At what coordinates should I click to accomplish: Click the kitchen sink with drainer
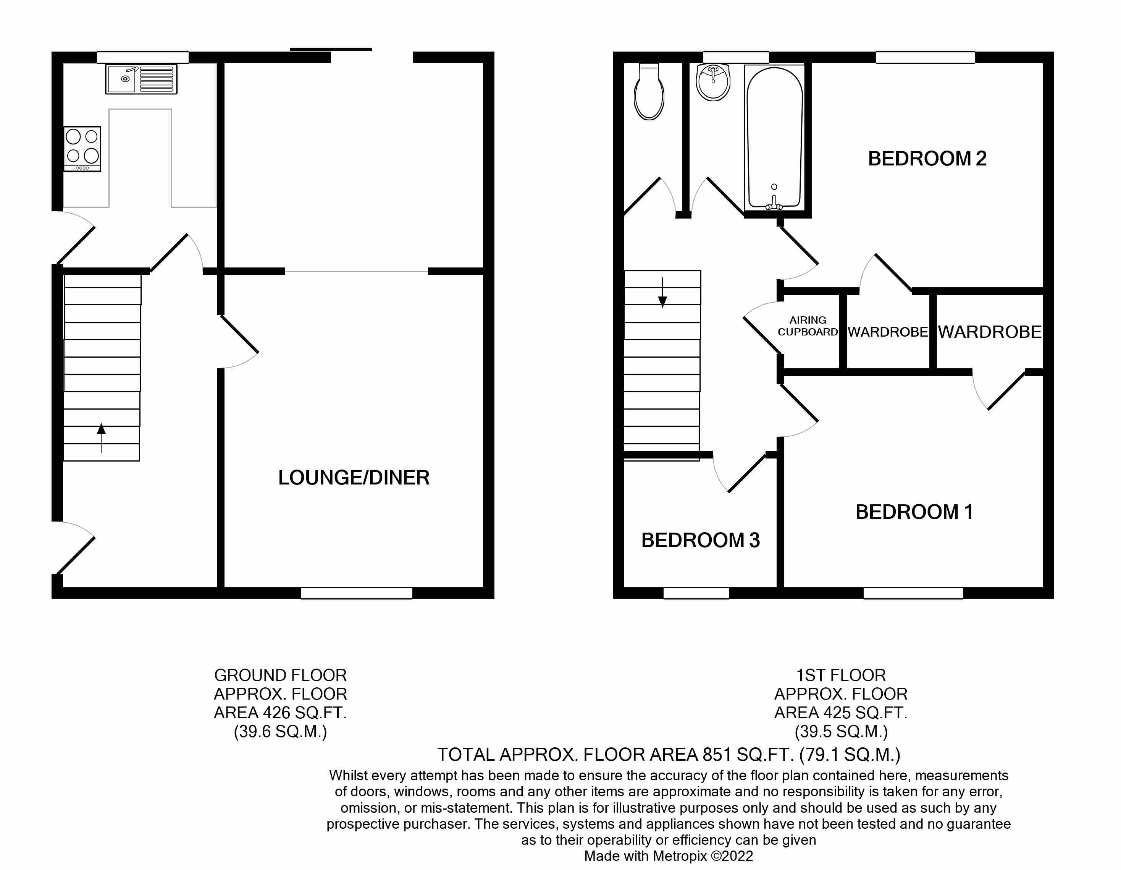pos(141,79)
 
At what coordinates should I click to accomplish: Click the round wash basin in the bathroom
pos(713,83)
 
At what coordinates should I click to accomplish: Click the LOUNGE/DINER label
pos(354,478)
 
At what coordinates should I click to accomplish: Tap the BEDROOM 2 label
pos(927,159)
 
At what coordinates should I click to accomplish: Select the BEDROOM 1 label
pos(914,512)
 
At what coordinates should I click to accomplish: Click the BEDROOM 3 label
pos(700,540)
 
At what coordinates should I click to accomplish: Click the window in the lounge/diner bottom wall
pos(356,593)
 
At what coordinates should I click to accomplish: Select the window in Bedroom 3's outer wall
pos(696,593)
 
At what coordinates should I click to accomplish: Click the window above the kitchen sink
pos(143,57)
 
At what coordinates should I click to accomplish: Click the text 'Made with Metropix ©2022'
pos(668,856)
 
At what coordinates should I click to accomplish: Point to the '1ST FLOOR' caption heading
pos(841,675)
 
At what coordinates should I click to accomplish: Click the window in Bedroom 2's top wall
pos(925,57)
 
